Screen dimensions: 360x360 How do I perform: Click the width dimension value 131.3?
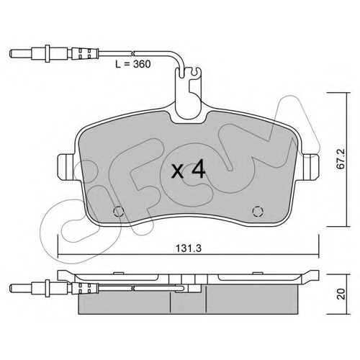click(x=189, y=248)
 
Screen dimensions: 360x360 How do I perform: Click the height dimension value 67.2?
click(x=341, y=160)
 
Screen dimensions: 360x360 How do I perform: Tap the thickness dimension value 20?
click(x=341, y=294)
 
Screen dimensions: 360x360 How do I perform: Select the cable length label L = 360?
click(x=133, y=64)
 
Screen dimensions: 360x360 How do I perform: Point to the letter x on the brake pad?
click(x=178, y=172)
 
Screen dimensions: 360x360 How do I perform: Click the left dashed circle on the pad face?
click(x=118, y=212)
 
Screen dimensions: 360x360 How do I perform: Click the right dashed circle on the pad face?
click(x=258, y=211)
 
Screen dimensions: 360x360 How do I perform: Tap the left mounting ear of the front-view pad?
click(x=66, y=166)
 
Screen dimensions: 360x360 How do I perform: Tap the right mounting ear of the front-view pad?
click(x=311, y=166)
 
